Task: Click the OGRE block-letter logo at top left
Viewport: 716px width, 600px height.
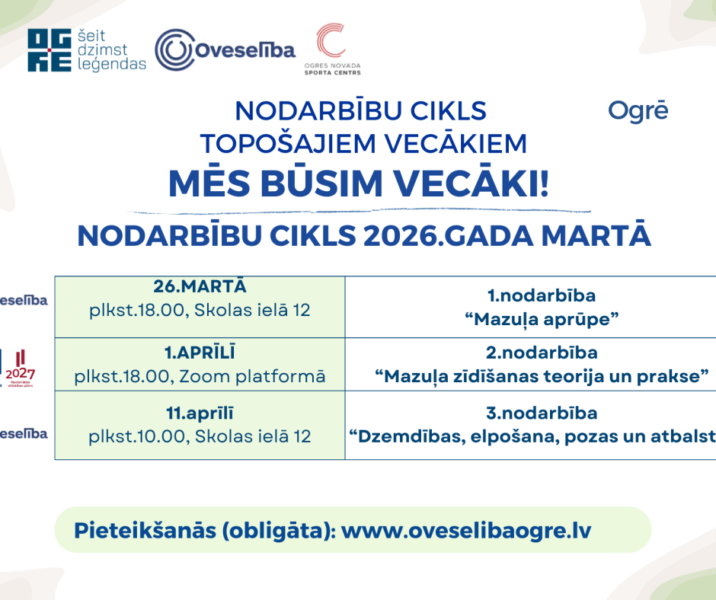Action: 50,51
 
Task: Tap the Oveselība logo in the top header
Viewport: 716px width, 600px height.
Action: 225,50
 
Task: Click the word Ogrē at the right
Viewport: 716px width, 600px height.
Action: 638,111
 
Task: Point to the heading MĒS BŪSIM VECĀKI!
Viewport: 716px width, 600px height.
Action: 358,184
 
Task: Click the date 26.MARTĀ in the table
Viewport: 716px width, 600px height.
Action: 200,286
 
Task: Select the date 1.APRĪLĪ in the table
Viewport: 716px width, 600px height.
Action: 200,353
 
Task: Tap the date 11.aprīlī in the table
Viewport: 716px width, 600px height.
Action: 200,413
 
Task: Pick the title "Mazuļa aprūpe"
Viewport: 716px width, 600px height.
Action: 541,319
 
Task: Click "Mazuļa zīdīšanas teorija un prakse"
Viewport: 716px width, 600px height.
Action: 542,376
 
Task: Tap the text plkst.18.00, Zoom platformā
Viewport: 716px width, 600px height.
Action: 200,376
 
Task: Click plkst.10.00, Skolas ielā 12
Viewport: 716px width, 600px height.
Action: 200,436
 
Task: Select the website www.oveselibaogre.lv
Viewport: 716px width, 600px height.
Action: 466,530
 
